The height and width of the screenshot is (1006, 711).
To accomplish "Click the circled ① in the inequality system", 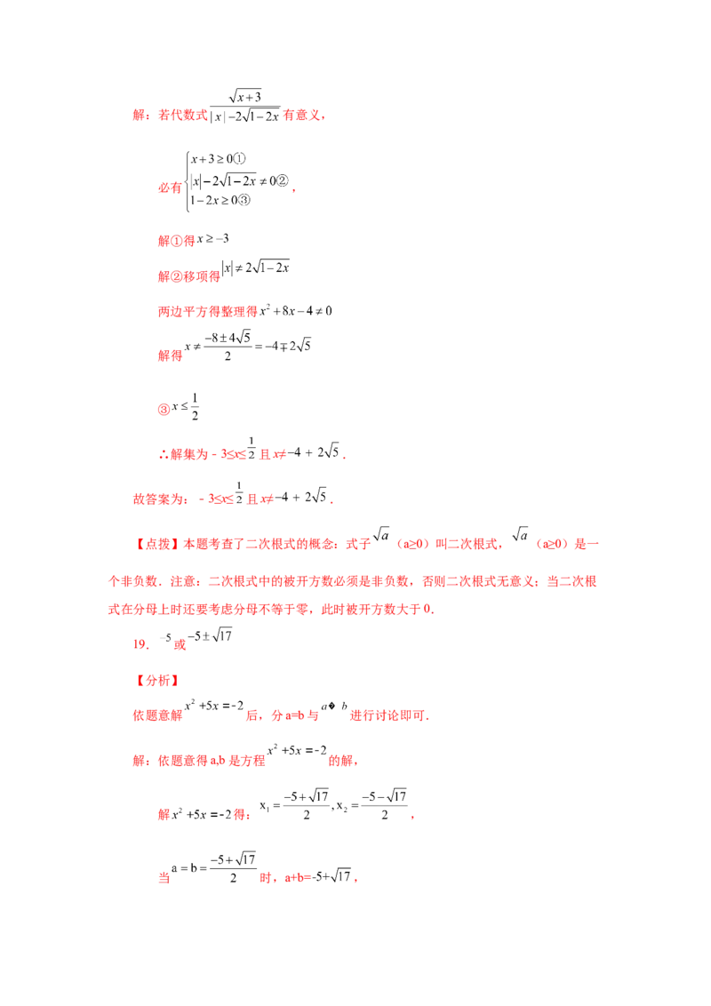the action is [239, 158].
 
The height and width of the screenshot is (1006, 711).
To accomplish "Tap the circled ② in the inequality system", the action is [283, 181].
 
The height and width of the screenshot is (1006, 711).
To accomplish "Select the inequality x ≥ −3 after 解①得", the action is [213, 239].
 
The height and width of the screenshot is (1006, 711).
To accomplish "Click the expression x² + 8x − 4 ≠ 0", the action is [296, 310].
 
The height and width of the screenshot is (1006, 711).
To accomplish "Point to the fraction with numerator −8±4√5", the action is [228, 347].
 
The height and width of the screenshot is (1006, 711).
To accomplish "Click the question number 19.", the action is [141, 643].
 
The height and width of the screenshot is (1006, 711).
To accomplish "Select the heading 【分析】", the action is [157, 680].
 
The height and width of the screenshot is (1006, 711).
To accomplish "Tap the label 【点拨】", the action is [157, 544].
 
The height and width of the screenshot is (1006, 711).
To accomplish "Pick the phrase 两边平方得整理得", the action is [208, 311].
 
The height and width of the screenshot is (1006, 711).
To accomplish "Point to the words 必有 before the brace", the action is [170, 188].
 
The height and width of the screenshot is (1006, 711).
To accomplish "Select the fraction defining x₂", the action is [384, 806].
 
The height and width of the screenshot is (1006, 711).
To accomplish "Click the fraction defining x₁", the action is [306, 806].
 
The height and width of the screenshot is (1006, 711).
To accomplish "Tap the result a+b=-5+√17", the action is [318, 876].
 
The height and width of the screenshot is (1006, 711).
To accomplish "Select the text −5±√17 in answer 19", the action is [210, 635].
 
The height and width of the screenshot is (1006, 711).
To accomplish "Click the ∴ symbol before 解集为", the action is [164, 454].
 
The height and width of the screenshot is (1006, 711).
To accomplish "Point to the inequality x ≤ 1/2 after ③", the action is [186, 407].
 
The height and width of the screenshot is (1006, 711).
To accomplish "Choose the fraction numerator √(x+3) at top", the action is [245, 96].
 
